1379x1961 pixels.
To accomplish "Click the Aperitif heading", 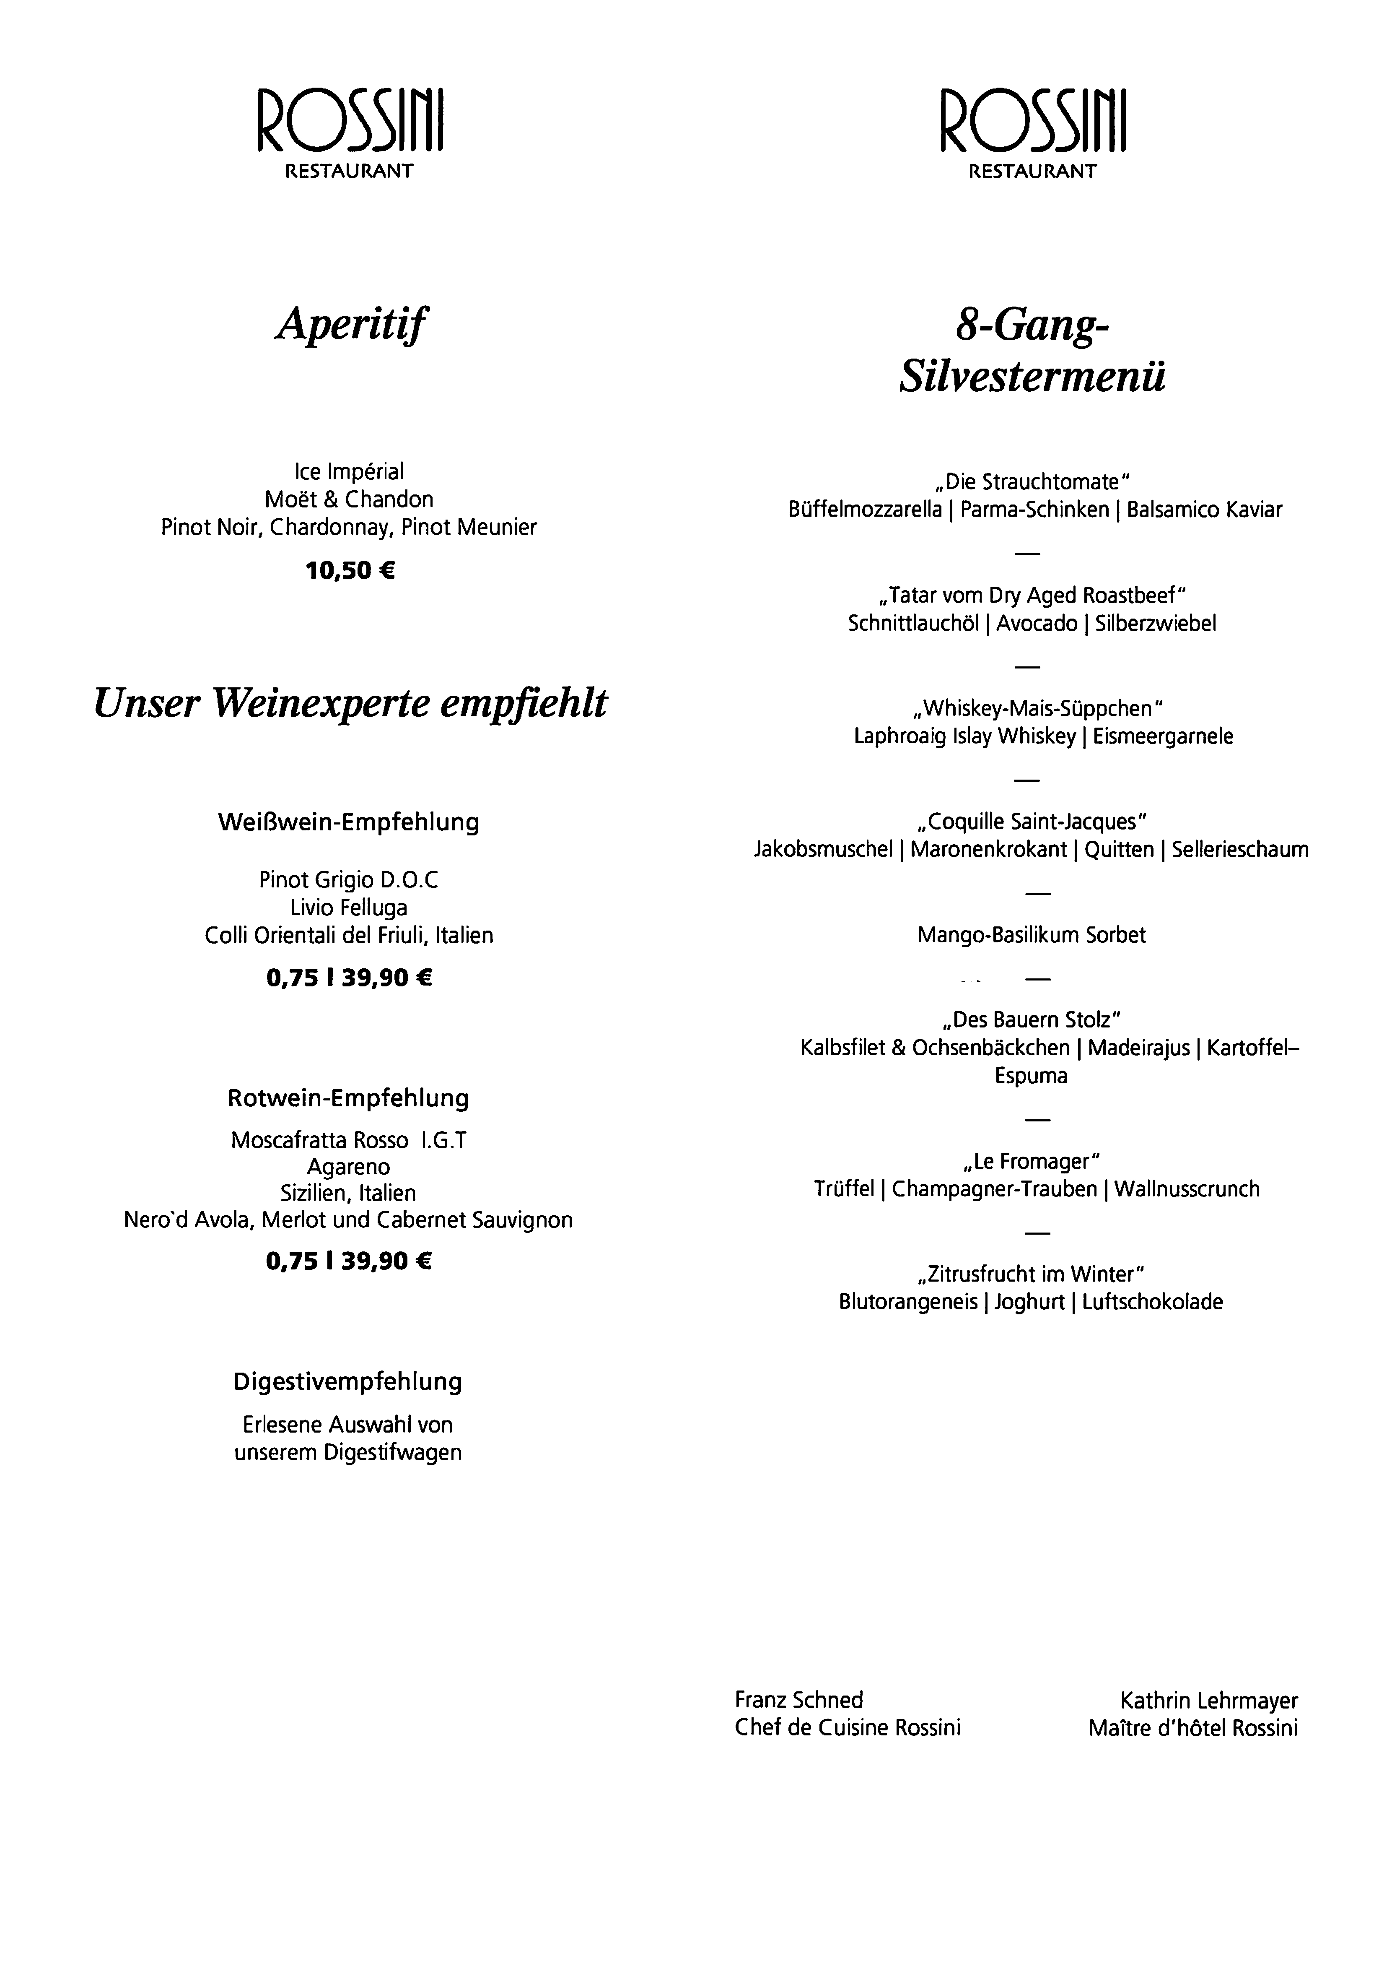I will pyautogui.click(x=350, y=325).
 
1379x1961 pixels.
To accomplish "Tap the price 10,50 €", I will pyautogui.click(x=350, y=570).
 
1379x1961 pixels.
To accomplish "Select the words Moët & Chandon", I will pyautogui.click(x=348, y=499).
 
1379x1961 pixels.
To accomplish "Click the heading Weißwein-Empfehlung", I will pyautogui.click(x=348, y=822).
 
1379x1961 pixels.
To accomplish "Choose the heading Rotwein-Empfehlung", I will pyautogui.click(x=348, y=1098).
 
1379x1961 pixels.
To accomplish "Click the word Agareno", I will pyautogui.click(x=348, y=1167).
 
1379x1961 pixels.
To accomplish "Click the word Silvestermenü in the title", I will pyautogui.click(x=1032, y=377).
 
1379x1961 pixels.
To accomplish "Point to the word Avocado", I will pyautogui.click(x=1037, y=624).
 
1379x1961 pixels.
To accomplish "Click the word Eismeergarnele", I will pyautogui.click(x=1163, y=736).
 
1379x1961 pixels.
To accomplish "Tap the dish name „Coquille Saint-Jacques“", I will pyautogui.click(x=1032, y=822).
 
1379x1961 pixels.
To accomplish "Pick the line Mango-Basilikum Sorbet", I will pyautogui.click(x=1032, y=935).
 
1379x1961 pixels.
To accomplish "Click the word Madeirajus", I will pyautogui.click(x=1138, y=1048).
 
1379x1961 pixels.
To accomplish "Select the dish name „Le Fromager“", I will pyautogui.click(x=1032, y=1162).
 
